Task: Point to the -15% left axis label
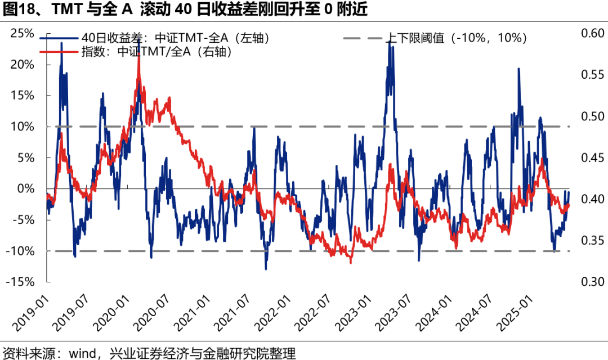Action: point(20,282)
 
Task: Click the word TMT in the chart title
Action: point(66,10)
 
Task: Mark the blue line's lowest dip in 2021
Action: point(266,269)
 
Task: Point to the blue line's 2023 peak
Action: point(389,42)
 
